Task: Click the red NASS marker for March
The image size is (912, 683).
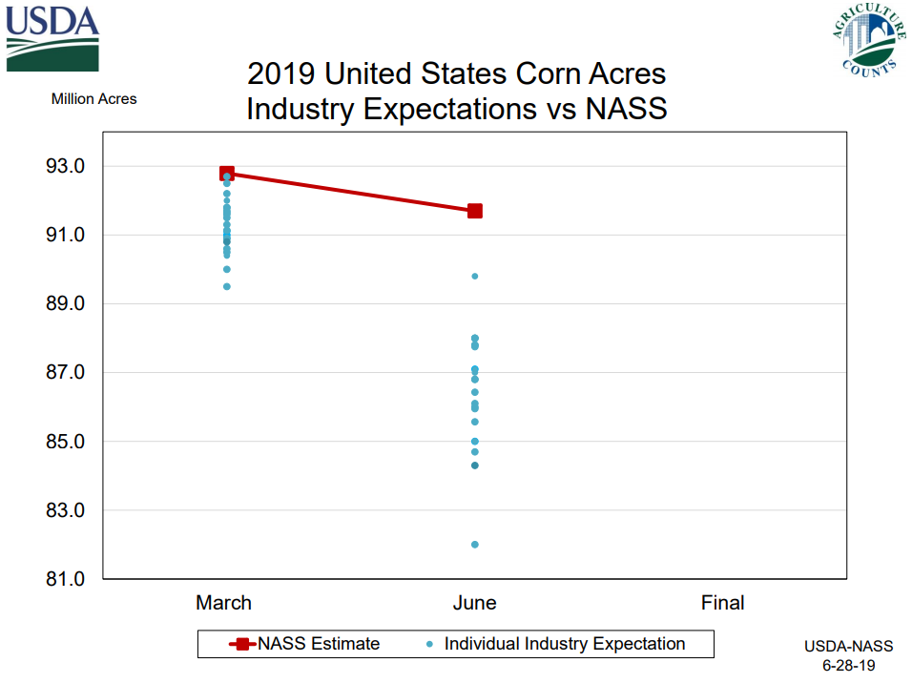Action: coord(227,174)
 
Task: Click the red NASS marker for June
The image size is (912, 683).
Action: coord(474,211)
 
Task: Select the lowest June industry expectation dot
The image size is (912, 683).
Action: coord(474,545)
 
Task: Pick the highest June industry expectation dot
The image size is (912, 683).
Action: coord(474,277)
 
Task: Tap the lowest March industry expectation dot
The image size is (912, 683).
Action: coord(227,286)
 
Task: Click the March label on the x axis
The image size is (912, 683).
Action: coord(224,603)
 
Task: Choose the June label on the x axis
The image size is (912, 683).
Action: coord(474,603)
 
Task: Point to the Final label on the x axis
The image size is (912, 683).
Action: coord(722,603)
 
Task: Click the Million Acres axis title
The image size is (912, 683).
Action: coord(93,99)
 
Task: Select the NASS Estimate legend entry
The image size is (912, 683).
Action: coord(305,644)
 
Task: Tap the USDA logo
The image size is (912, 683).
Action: coord(52,38)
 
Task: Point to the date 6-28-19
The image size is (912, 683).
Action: coord(849,665)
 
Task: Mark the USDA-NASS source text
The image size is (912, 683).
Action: coord(849,647)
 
